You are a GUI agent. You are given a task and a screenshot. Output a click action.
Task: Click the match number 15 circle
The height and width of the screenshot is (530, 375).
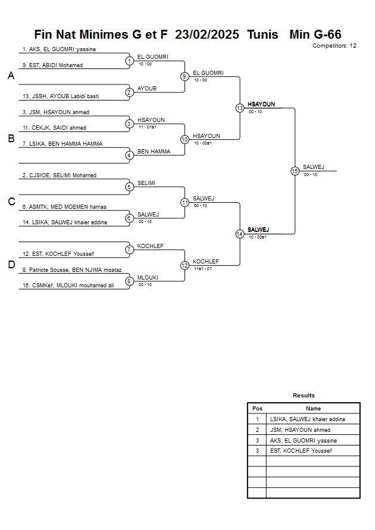click(x=295, y=171)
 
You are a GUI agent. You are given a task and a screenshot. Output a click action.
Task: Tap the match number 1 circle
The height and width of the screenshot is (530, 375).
click(x=129, y=60)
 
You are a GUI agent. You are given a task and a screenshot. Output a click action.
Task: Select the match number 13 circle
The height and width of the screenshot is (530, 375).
click(x=240, y=108)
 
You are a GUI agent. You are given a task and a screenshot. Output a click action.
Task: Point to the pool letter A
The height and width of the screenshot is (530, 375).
click(x=11, y=76)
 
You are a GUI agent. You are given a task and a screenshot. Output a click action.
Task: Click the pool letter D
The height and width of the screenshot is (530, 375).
click(x=11, y=265)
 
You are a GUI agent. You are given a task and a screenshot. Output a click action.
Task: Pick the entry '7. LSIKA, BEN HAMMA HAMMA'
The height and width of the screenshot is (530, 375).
click(x=62, y=143)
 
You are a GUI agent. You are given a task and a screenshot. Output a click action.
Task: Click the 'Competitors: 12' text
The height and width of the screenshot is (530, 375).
click(x=335, y=45)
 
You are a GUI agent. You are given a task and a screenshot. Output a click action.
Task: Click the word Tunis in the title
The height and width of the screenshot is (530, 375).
click(x=262, y=35)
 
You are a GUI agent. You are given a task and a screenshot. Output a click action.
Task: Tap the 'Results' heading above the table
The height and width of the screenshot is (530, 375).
click(x=304, y=395)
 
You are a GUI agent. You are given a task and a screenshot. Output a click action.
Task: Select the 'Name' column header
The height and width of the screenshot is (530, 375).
click(x=313, y=409)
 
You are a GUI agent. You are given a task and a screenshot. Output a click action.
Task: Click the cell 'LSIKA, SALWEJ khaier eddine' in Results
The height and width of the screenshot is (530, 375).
click(x=307, y=419)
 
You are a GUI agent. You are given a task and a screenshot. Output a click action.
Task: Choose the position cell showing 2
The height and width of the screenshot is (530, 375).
click(x=257, y=429)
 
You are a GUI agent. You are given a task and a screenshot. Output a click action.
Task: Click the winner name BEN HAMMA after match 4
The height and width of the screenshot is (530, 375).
click(x=154, y=152)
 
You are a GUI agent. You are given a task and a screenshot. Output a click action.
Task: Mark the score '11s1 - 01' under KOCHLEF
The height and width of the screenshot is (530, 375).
click(x=203, y=268)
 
